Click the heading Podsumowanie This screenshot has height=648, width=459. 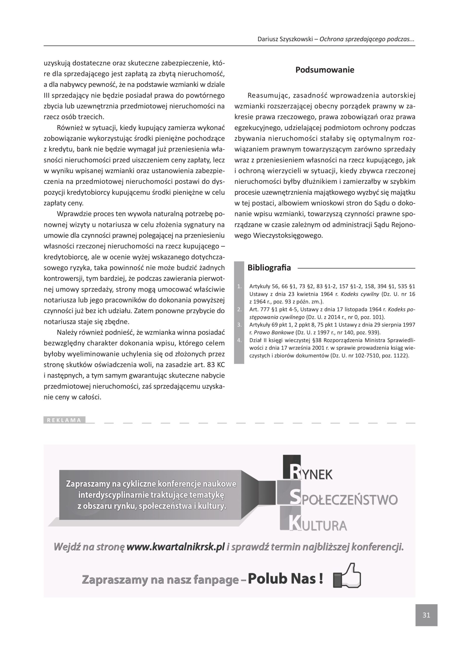tap(325, 70)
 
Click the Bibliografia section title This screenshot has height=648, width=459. tap(269, 268)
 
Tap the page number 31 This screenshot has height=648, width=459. tap(426, 615)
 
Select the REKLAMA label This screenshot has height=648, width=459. tap(64, 420)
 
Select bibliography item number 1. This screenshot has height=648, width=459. tap(240, 287)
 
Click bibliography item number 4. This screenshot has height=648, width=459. tap(240, 340)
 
